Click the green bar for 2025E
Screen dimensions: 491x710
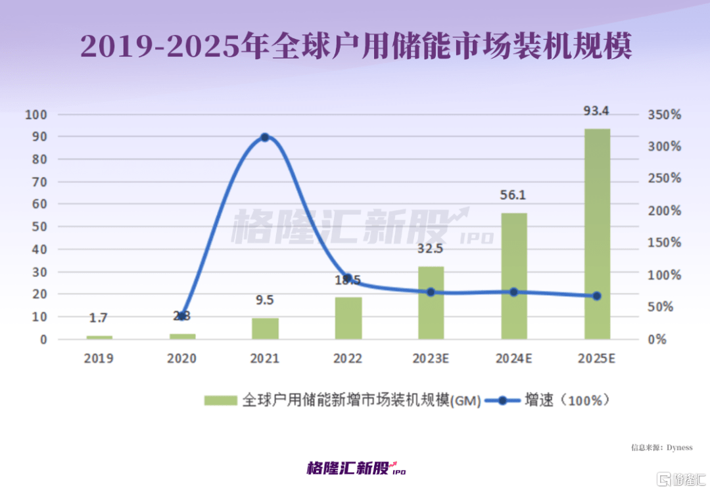click(x=597, y=234)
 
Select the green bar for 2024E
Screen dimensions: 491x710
click(x=514, y=276)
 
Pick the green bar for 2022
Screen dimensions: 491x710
click(x=348, y=318)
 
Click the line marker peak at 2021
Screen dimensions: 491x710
click(x=265, y=138)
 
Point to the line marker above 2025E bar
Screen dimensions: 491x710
click(x=597, y=296)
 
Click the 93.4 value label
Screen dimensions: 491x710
click(x=596, y=111)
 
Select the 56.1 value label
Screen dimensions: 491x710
click(x=513, y=195)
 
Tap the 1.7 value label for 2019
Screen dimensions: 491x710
click(x=99, y=319)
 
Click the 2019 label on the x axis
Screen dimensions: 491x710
click(x=99, y=359)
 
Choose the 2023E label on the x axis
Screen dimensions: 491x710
click(x=431, y=359)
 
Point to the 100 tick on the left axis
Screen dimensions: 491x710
click(x=35, y=115)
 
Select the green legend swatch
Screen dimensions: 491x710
click(x=220, y=400)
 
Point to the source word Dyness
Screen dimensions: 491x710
click(x=679, y=448)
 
